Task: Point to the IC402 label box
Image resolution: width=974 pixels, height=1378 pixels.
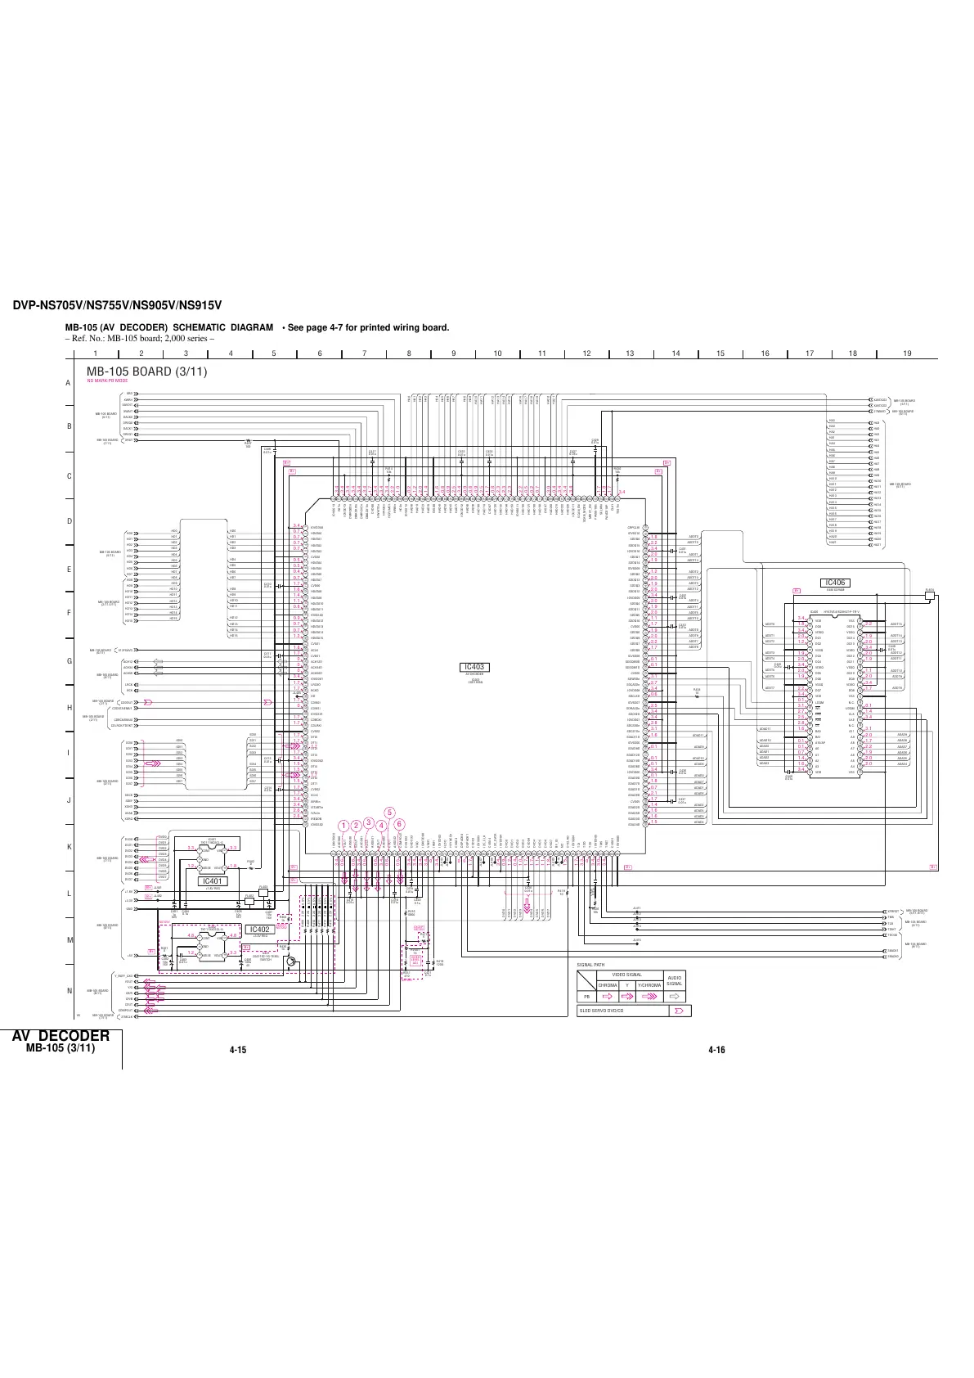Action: coord(259,930)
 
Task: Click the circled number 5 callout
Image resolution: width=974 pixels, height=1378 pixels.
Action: coord(390,812)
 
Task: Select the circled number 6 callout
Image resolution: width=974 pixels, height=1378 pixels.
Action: coord(399,824)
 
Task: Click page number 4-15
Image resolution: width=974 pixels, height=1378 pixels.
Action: coord(239,1050)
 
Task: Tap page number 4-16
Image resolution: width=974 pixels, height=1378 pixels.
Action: coord(717,1050)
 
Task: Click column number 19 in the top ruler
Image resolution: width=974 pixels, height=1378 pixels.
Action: coord(907,354)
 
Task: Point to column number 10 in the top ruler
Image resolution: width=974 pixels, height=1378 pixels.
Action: coord(497,354)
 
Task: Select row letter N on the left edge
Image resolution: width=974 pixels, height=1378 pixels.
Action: coord(70,991)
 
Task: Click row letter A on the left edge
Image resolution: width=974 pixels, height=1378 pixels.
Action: coord(70,383)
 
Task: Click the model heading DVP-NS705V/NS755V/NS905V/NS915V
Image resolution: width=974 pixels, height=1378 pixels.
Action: coord(118,306)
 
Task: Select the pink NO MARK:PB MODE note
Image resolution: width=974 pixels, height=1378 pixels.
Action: coord(108,381)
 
